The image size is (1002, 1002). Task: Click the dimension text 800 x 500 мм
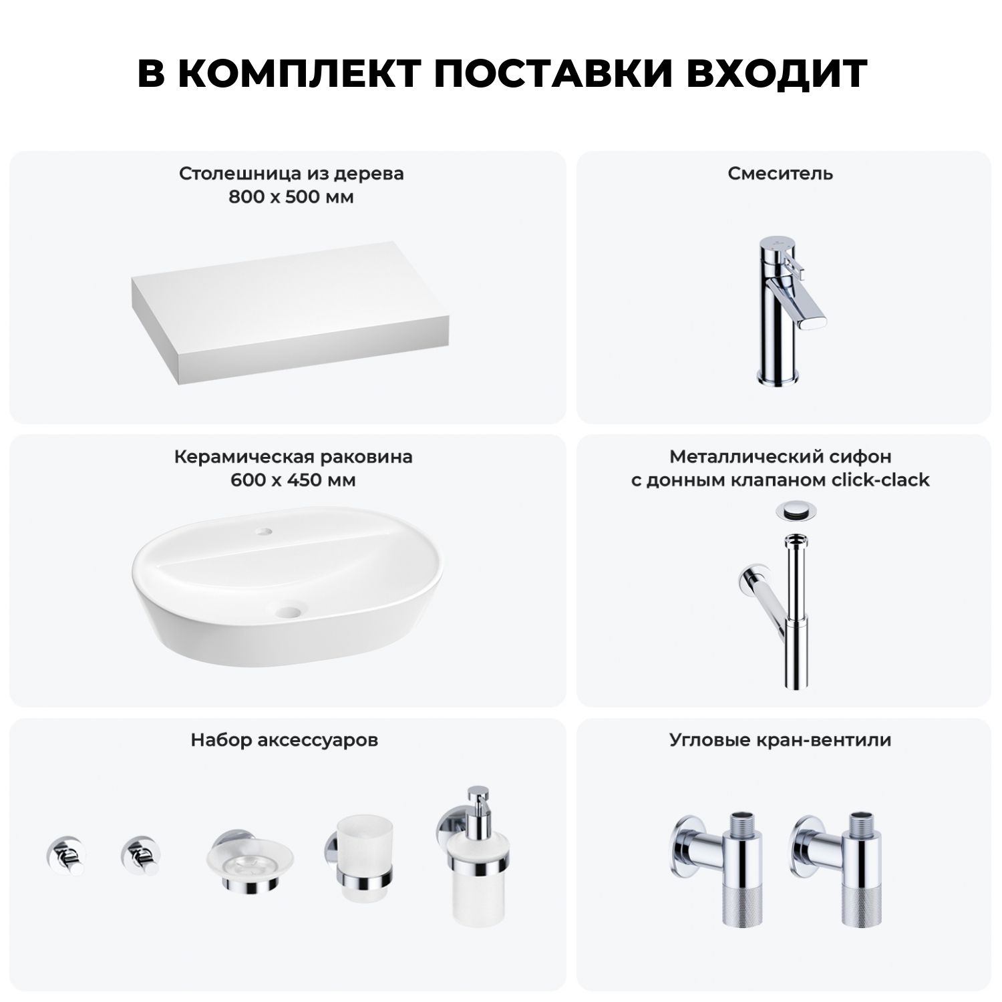point(291,197)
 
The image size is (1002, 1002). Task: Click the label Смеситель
point(781,174)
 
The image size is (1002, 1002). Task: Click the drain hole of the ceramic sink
point(289,610)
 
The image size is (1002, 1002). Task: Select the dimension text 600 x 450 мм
point(293,480)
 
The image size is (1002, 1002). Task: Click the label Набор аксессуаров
point(285,740)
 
